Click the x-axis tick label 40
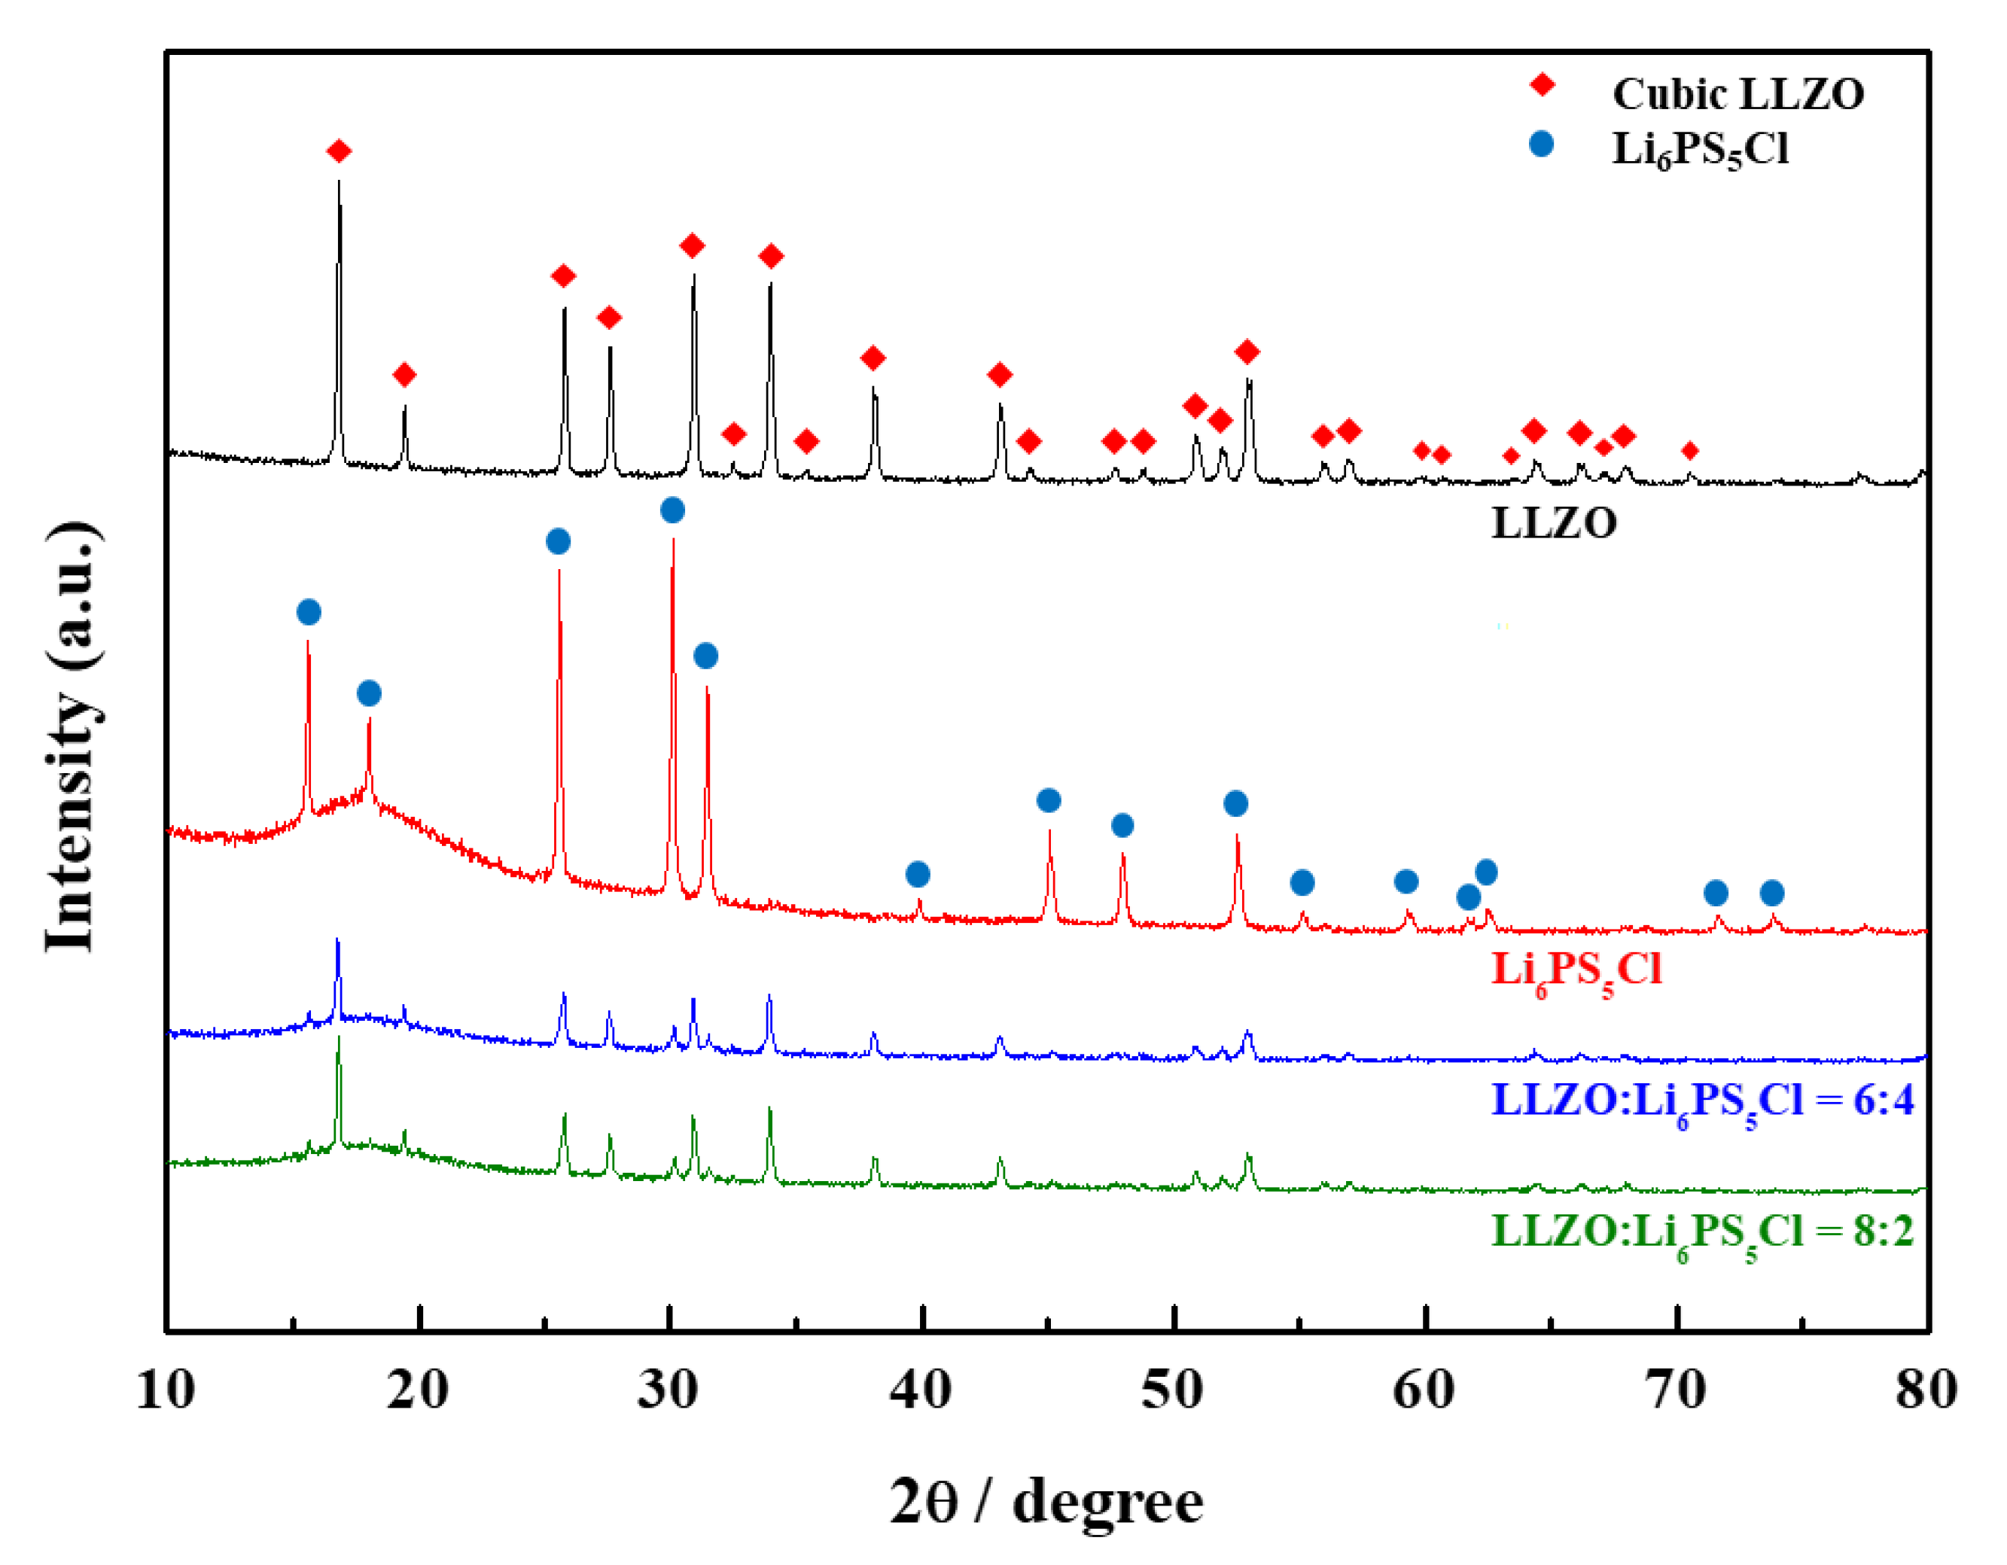[920, 1390]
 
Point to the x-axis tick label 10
[166, 1390]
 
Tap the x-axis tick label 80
[1926, 1390]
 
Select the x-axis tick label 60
[1424, 1390]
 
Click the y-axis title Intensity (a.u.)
[72, 735]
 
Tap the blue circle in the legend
[1541, 145]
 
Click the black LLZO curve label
[1553, 524]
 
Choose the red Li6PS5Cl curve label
[1576, 970]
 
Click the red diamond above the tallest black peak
[339, 151]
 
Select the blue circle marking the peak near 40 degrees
[917, 874]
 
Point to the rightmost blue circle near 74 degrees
[1772, 892]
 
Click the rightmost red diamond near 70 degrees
[1690, 450]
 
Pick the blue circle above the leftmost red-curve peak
[309, 612]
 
